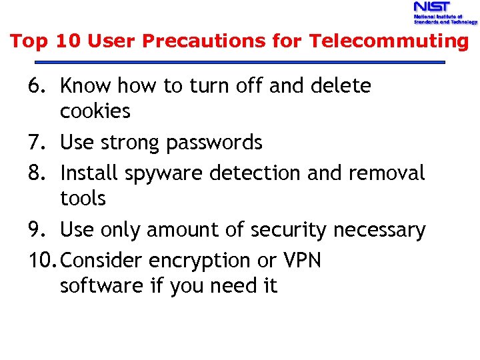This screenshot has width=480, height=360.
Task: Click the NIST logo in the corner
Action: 445,13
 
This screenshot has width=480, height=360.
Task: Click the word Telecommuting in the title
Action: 389,41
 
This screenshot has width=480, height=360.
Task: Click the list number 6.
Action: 37,86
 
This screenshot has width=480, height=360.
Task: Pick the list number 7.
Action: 37,143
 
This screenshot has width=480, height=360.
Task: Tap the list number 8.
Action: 37,173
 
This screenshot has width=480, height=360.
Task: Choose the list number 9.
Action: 37,230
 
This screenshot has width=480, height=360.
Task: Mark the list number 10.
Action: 42,260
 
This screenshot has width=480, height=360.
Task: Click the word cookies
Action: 95,111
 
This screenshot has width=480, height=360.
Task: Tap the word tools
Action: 83,198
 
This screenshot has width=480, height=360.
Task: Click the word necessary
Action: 379,231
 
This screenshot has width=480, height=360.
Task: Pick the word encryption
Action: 194,261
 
